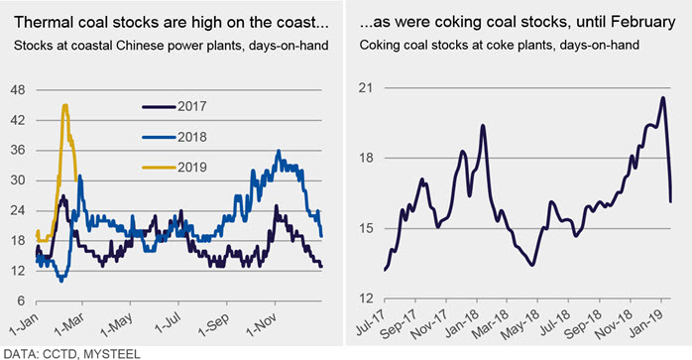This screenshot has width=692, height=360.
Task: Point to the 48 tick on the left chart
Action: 18,90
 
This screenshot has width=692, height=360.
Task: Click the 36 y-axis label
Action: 18,150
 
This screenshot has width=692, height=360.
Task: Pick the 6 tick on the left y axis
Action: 21,300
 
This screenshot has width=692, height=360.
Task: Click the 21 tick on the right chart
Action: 366,88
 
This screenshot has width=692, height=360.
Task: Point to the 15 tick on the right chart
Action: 366,228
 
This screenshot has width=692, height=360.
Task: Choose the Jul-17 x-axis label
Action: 370,321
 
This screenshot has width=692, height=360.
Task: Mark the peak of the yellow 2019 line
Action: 65,105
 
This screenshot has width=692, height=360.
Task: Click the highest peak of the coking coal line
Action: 663,97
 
